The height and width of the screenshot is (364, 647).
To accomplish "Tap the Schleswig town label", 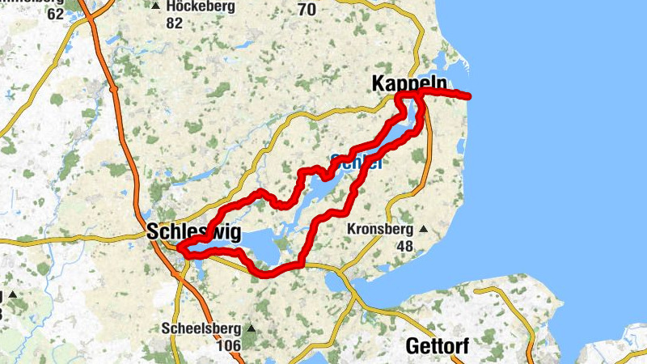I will click(x=194, y=233).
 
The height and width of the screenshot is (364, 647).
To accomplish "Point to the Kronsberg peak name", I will click(x=380, y=230).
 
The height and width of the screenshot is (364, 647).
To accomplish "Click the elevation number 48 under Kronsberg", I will click(x=405, y=246).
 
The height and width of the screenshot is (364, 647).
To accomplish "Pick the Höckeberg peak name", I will click(x=201, y=6).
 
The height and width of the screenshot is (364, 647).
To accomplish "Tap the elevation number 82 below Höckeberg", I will click(x=174, y=23).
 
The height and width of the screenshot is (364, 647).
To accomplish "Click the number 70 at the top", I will click(x=307, y=10).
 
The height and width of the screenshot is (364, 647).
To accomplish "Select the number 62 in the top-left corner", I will click(x=56, y=14).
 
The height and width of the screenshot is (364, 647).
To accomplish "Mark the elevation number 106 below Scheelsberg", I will click(x=231, y=346).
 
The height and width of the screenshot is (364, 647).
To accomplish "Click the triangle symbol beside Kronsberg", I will click(x=423, y=230).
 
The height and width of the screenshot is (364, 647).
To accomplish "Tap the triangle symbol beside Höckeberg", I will click(x=154, y=6).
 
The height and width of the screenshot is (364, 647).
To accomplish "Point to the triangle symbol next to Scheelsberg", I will click(x=251, y=329).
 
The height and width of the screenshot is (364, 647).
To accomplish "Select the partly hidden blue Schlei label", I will click(x=356, y=161).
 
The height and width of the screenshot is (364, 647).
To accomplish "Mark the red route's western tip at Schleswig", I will click(x=178, y=247).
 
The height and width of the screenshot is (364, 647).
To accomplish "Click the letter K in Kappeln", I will click(x=378, y=84).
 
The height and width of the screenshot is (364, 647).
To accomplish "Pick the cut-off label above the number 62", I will click(x=28, y=2).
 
